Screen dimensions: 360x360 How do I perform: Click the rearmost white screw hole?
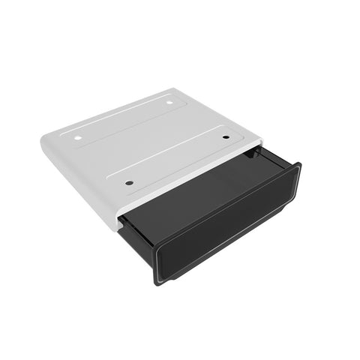tap(169, 103)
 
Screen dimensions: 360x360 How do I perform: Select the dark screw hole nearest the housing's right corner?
tap(226, 137)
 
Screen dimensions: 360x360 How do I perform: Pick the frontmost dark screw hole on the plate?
tap(129, 182)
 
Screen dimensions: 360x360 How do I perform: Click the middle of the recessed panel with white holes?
tap(124, 119)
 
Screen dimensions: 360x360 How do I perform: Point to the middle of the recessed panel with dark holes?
tap(177, 159)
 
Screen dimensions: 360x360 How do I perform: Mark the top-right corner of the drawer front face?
tap(299, 164)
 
